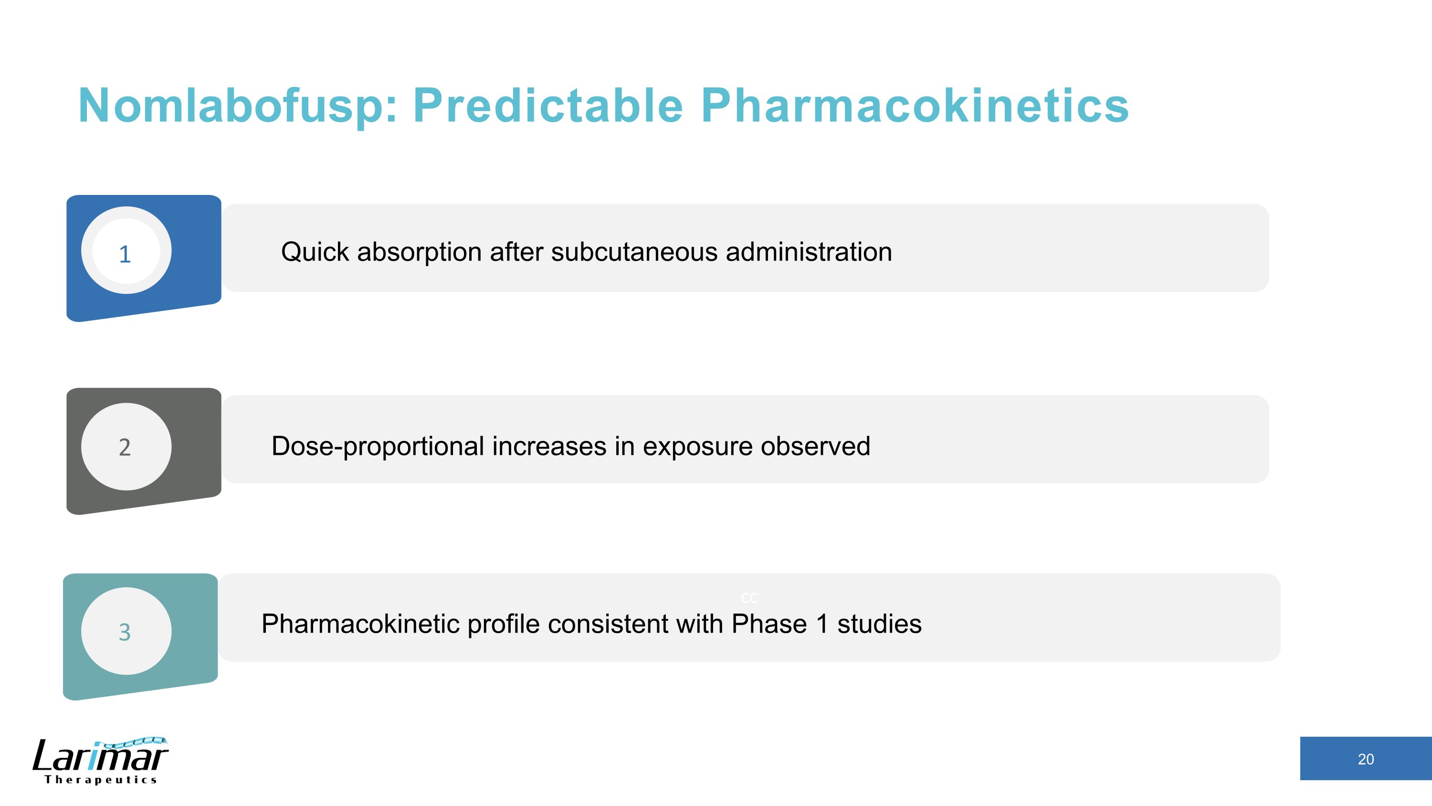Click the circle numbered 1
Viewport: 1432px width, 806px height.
coord(126,250)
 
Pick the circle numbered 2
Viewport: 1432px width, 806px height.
coord(126,447)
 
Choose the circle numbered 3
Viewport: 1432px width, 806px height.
coord(126,631)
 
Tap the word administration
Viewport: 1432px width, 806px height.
coord(809,252)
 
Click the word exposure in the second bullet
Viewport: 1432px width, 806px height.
coord(698,447)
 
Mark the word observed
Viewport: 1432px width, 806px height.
coord(815,447)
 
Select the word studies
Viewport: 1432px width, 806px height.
coord(879,624)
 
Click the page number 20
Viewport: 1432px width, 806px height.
coord(1365,759)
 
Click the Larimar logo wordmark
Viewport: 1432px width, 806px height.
coord(100,756)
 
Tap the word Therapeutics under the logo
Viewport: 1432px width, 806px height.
coord(101,780)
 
